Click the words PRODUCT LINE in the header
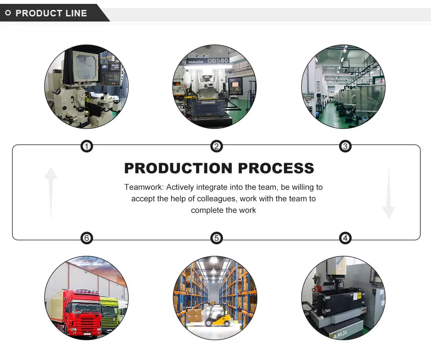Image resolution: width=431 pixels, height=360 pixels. (x=51, y=13)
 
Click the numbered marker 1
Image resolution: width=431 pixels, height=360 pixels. (x=87, y=147)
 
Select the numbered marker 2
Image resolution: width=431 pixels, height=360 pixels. (x=216, y=147)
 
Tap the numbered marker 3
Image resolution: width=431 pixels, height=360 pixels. (x=345, y=147)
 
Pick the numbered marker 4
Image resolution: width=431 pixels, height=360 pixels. (x=345, y=238)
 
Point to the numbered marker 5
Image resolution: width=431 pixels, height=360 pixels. (x=216, y=238)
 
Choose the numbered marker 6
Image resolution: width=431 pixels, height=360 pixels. (x=87, y=238)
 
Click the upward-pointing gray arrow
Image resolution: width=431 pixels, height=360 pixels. (x=51, y=192)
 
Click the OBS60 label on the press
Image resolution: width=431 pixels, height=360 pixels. (x=218, y=61)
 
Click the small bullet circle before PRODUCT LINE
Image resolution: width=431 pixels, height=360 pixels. (x=8, y=13)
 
